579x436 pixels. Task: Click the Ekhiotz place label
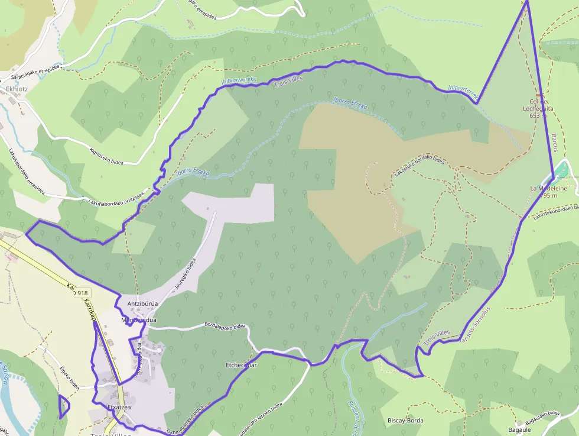click(13, 89)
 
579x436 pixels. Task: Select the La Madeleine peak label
click(548, 192)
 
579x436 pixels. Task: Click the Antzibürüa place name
click(142, 304)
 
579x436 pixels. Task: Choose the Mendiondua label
click(138, 320)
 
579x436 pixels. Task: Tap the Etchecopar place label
click(241, 365)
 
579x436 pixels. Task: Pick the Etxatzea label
click(118, 407)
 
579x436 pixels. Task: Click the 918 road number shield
click(82, 293)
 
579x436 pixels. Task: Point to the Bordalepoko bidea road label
click(225, 325)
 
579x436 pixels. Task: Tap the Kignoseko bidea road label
click(103, 157)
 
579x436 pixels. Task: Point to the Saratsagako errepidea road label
click(35, 73)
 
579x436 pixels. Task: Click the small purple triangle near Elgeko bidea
click(63, 406)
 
